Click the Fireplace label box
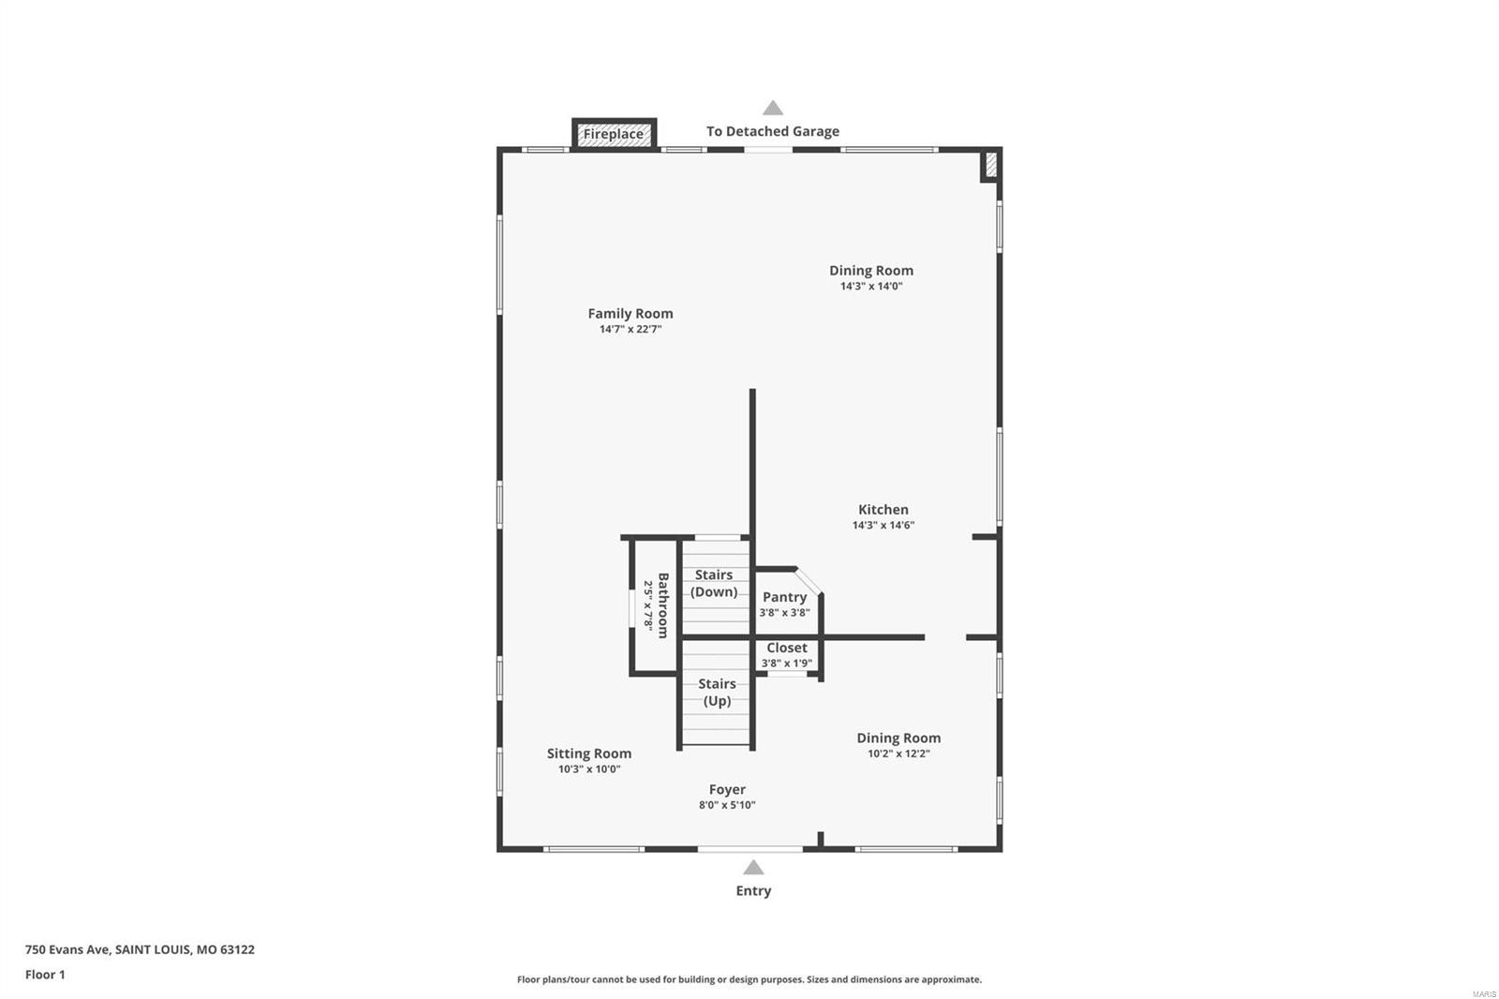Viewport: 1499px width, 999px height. point(614,134)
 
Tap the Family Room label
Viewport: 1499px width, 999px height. point(631,313)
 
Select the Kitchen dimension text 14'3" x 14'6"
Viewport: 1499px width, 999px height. point(883,526)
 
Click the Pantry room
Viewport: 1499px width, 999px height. point(784,604)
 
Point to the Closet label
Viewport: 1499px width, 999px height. point(787,648)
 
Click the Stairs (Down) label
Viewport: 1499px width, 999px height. point(714,583)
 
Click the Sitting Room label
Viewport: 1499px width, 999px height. point(589,753)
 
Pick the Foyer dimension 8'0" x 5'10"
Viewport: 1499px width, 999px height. point(727,805)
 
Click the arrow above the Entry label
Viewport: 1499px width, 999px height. point(753,868)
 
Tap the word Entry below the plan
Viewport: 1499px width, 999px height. point(753,890)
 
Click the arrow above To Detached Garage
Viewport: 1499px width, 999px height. point(772,108)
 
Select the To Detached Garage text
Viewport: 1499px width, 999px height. point(772,131)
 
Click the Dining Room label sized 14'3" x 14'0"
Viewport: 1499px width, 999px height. point(870,270)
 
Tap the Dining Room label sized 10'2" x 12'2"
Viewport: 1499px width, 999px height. point(898,738)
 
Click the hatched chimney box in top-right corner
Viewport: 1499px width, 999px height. point(989,166)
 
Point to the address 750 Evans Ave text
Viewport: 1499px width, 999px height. point(140,949)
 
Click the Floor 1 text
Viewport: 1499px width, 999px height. point(45,975)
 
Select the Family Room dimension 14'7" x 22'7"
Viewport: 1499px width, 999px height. point(631,330)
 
